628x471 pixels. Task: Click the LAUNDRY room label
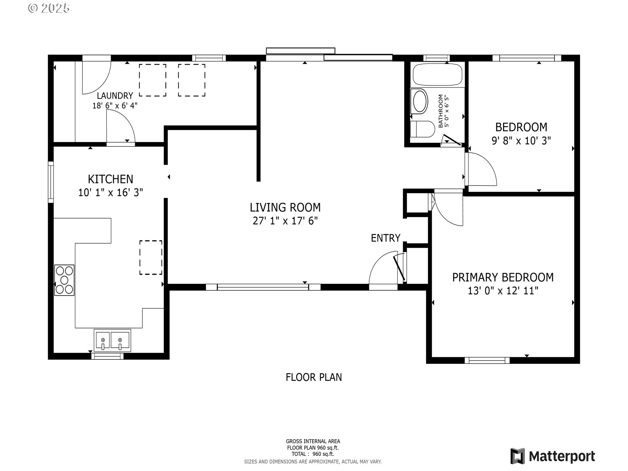(115, 96)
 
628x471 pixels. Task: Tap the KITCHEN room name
(111, 179)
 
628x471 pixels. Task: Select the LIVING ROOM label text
(285, 207)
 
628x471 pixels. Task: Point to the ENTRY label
(386, 238)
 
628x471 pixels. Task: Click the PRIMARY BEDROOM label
(503, 277)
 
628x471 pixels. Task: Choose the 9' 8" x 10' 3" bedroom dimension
(521, 141)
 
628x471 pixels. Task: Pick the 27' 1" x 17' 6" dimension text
(285, 221)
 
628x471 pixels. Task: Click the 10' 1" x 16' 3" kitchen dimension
(111, 193)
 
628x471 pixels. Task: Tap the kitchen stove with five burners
(64, 280)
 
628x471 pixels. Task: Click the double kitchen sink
(112, 340)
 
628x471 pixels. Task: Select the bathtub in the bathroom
(437, 75)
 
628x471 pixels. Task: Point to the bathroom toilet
(422, 129)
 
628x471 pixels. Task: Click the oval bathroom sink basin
(420, 101)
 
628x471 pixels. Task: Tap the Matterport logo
(553, 456)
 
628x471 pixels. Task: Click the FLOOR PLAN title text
(314, 377)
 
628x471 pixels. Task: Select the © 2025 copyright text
(49, 8)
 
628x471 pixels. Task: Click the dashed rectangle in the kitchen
(151, 257)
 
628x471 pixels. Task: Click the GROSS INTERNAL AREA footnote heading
(313, 441)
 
